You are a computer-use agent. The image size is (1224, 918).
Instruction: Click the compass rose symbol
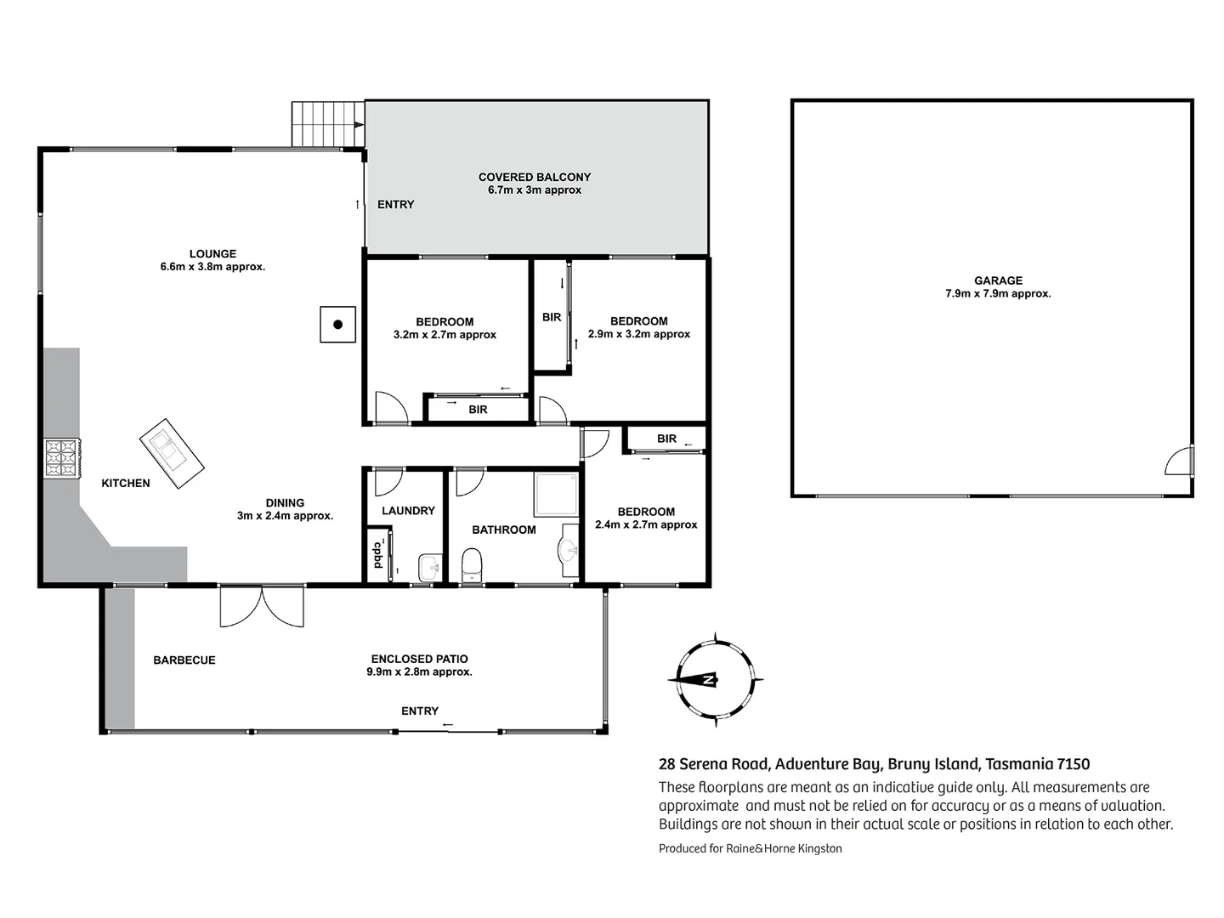[715, 679]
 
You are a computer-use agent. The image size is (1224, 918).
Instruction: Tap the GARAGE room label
[998, 280]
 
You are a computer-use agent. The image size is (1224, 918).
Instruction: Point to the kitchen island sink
[171, 454]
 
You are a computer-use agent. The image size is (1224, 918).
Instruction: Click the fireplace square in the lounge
[337, 324]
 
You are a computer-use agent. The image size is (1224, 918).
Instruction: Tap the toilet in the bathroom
[471, 564]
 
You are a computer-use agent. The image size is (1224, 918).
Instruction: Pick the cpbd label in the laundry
[377, 555]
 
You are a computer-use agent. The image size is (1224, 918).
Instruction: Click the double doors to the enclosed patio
[261, 605]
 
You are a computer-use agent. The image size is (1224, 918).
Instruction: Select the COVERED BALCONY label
[534, 177]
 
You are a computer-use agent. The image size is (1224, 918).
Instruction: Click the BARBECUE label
[184, 660]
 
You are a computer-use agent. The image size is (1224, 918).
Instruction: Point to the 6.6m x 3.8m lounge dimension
[212, 267]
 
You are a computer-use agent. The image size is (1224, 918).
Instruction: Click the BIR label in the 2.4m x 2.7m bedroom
[666, 439]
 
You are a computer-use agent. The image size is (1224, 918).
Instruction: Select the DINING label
[285, 502]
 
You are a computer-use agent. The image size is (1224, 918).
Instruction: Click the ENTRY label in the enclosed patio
[420, 711]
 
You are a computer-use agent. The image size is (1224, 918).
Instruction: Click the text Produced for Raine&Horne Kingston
[750, 848]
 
